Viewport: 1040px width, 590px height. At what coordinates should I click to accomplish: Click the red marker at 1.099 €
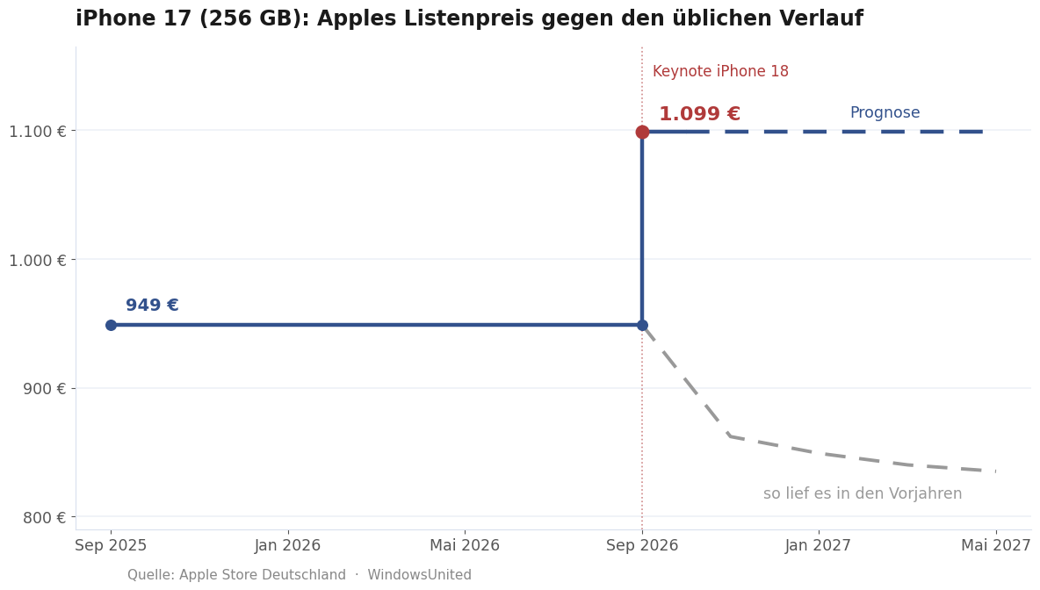tap(642, 132)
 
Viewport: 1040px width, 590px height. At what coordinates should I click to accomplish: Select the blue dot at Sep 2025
tap(111, 325)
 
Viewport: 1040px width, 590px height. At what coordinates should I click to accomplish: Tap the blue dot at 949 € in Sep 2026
tap(642, 325)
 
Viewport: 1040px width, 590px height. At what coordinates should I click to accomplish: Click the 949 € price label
tap(152, 305)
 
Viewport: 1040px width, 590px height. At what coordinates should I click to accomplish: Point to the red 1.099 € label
tap(699, 114)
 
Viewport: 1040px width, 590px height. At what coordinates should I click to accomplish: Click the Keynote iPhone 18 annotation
tap(720, 72)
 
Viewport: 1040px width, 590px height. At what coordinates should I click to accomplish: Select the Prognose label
tap(885, 112)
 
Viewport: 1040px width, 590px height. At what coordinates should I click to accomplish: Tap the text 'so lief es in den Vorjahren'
tap(863, 494)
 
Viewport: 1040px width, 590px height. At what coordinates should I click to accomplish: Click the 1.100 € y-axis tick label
tap(37, 132)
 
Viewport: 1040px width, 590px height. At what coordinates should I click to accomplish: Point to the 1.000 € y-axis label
tap(37, 260)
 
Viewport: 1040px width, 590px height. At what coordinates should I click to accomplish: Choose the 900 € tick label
tap(44, 388)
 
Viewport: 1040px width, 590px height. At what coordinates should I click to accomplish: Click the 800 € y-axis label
tap(44, 517)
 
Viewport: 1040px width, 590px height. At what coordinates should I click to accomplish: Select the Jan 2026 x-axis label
tap(288, 545)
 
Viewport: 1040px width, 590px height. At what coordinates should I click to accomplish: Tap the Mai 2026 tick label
tap(465, 545)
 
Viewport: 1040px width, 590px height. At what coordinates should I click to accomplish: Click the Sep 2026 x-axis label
tap(642, 545)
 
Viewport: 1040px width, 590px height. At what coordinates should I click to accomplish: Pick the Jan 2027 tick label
tap(819, 545)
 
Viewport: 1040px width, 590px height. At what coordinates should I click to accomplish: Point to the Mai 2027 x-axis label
tap(996, 545)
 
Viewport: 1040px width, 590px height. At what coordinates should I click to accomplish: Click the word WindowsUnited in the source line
tap(419, 575)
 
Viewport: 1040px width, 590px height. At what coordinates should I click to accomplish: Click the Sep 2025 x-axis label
tap(111, 545)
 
